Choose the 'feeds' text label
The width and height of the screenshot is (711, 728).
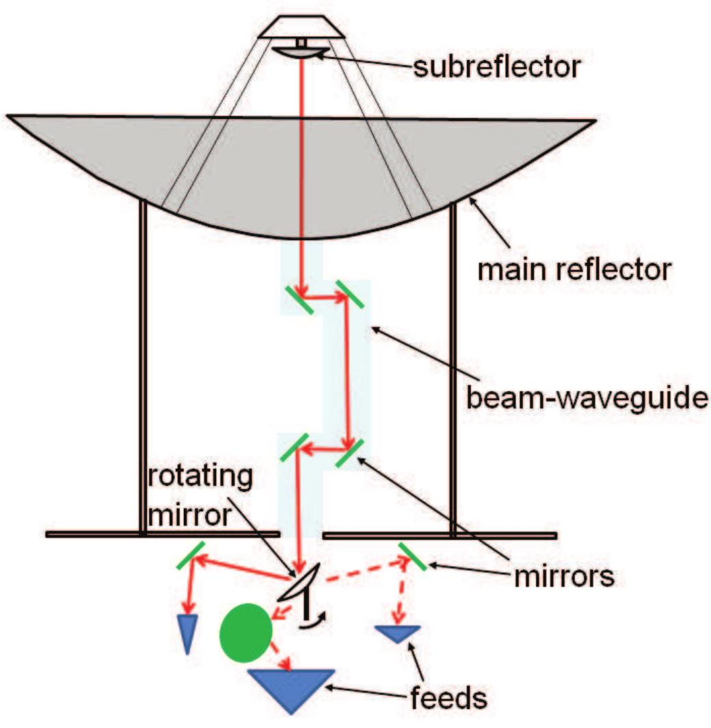coord(456,699)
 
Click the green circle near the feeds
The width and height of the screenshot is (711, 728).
coord(244,632)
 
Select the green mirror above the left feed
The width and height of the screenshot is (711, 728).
coord(189,555)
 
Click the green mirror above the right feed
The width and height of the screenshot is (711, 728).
coord(413,556)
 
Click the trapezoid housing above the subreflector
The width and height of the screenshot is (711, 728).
coord(301,26)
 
